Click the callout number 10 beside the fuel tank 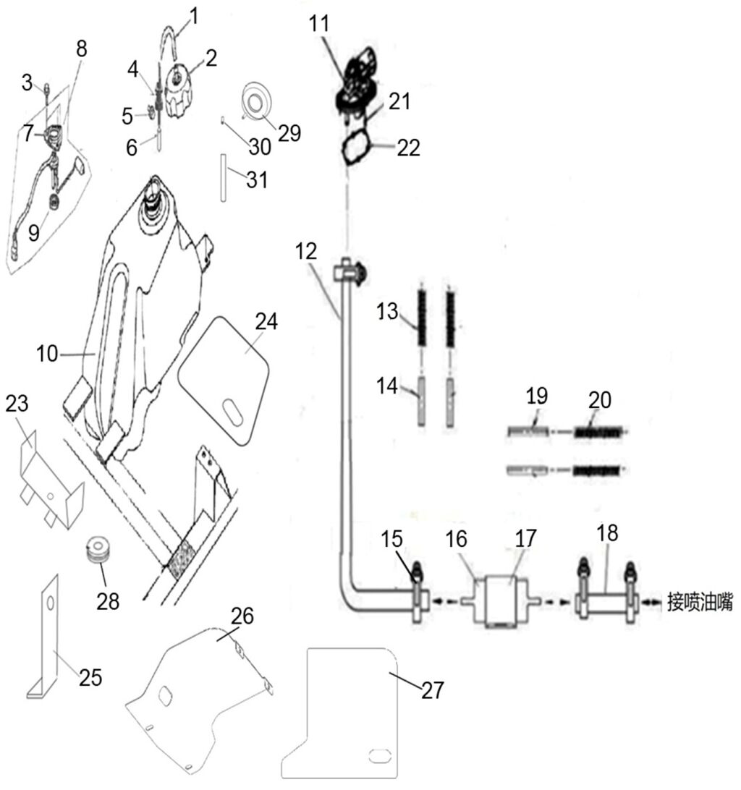pyautogui.click(x=49, y=355)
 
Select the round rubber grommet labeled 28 pyautogui.click(x=99, y=551)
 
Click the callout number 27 pyautogui.click(x=433, y=690)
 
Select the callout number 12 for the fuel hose pyautogui.click(x=306, y=252)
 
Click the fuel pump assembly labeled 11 pyautogui.click(x=357, y=80)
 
